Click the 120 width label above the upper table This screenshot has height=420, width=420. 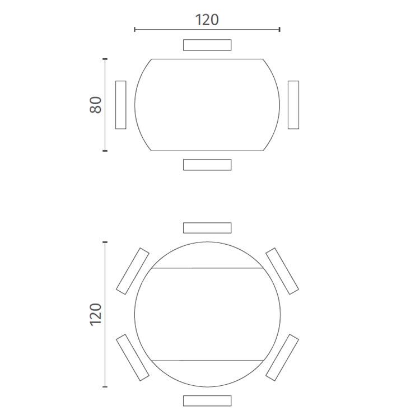click(207, 20)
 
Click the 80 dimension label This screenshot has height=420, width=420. click(96, 105)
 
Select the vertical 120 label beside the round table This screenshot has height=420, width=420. click(96, 315)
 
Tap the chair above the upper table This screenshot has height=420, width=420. click(207, 45)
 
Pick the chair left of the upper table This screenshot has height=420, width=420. click(121, 105)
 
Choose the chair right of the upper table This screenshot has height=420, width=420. click(293, 105)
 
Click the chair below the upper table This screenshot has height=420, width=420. click(207, 165)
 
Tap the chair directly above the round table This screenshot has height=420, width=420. click(207, 228)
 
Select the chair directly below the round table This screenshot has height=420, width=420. click(207, 401)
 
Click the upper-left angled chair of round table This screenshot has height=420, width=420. click(133, 271)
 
